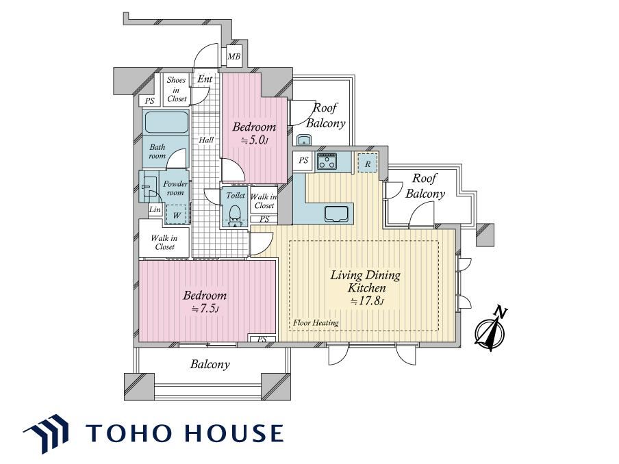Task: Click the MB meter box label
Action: tap(233, 57)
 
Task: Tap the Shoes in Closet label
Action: tap(176, 89)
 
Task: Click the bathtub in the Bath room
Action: tap(166, 123)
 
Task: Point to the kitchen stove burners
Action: tap(327, 161)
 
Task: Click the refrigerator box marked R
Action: tap(368, 163)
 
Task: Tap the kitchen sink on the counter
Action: tap(337, 214)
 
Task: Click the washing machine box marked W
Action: tap(177, 215)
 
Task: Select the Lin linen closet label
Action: tap(155, 209)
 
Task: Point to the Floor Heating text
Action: tap(316, 323)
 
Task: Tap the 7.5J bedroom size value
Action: tap(205, 309)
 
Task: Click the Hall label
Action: tap(206, 140)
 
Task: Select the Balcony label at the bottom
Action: tap(210, 364)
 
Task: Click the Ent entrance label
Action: tap(205, 79)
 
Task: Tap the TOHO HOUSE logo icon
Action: tap(46, 433)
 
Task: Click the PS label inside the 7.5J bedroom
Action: tap(262, 339)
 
